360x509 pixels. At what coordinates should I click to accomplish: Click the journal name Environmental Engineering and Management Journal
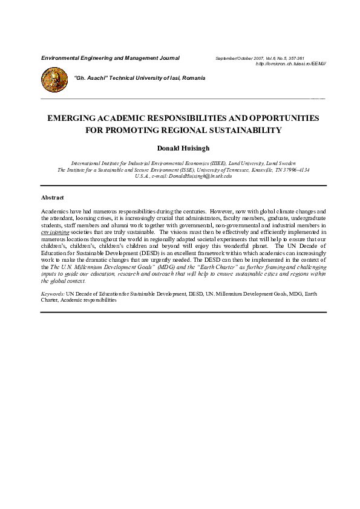pos(110,58)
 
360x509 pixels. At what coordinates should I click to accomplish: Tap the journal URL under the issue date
pos(291,63)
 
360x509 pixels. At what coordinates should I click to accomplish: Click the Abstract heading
pos(53,198)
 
